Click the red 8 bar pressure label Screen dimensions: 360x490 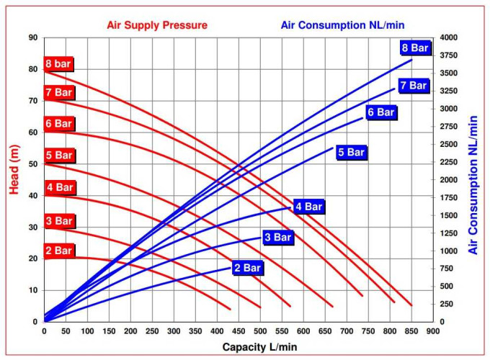coord(58,63)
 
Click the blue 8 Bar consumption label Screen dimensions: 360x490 coord(415,48)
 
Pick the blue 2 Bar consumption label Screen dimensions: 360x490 coord(247,268)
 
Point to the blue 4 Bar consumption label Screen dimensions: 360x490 coord(309,207)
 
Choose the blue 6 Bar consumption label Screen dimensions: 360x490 coord(380,112)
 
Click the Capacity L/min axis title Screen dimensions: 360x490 coord(259,347)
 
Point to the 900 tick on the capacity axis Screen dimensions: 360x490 coord(433,331)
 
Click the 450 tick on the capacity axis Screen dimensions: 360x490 coord(239,331)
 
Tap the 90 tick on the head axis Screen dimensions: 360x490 coord(33,37)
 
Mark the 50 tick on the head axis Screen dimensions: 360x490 coord(33,164)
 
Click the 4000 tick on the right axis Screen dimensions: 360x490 coord(449,37)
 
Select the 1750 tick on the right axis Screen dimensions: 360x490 coord(449,197)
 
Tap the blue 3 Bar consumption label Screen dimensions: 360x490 coord(277,237)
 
